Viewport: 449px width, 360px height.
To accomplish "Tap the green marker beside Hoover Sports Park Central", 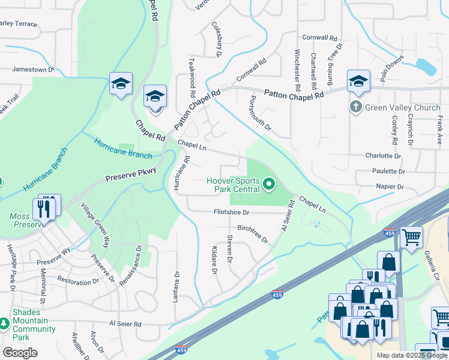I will click(269, 184).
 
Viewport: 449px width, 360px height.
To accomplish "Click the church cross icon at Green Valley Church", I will click(356, 108).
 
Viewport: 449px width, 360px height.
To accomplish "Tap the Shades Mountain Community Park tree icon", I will click(5, 324).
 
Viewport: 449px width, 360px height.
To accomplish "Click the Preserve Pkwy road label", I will click(131, 175).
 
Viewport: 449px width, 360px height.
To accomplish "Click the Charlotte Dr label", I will click(382, 155).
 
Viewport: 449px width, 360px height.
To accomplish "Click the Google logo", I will click(20, 353).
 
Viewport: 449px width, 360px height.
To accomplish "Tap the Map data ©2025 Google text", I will click(412, 355).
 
